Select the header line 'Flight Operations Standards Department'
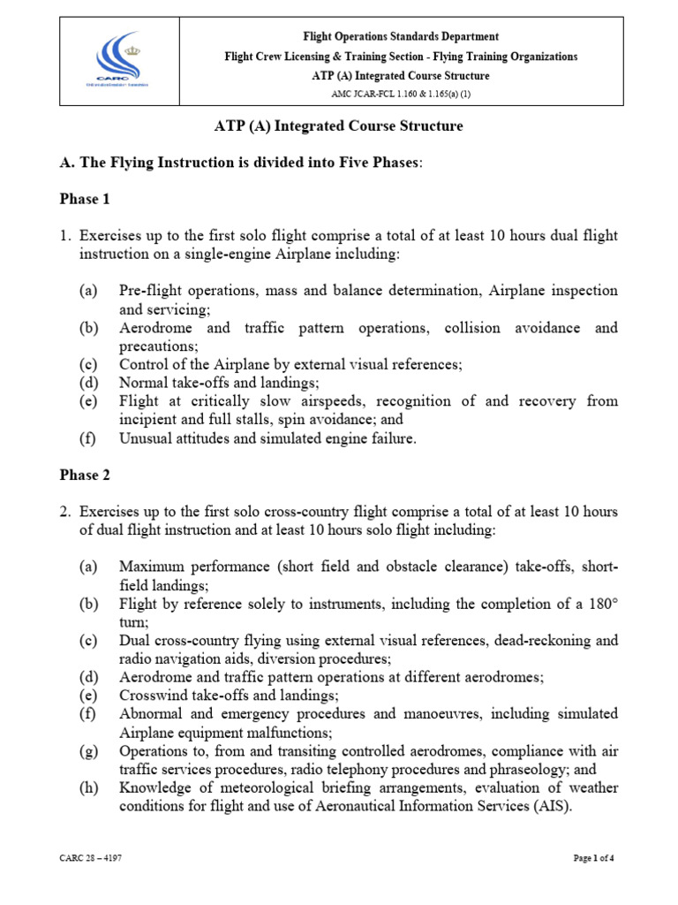[x=401, y=36]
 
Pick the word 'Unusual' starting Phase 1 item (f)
[x=145, y=438]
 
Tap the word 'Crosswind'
[x=152, y=696]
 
